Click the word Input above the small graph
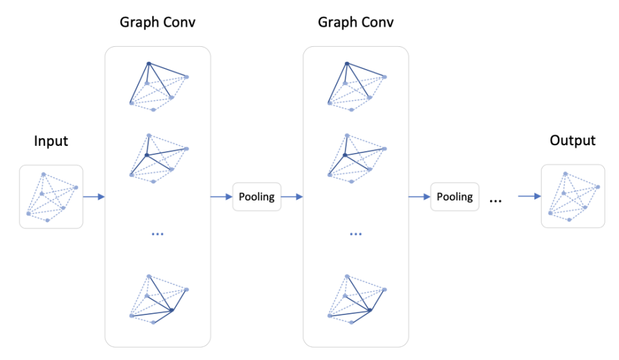51,141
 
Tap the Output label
572,141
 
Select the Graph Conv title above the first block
158,23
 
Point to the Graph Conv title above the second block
355,23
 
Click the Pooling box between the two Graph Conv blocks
256,197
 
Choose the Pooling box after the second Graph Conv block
454,197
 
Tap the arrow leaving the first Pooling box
291,197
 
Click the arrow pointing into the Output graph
529,197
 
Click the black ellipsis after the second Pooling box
495,200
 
